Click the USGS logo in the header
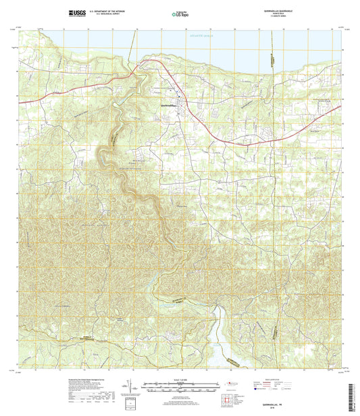(76, 13)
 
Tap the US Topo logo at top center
(179, 13)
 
